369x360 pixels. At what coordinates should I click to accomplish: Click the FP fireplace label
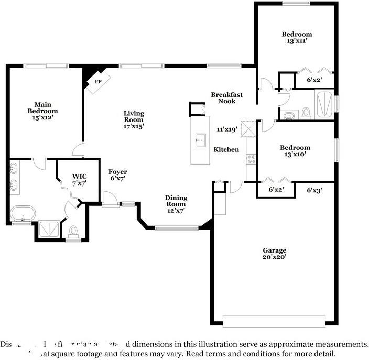coord(98,82)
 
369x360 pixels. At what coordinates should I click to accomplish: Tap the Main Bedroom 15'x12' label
coord(42,112)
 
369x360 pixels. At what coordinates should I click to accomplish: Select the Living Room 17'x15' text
coord(134,119)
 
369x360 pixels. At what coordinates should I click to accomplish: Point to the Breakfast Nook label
coord(226,98)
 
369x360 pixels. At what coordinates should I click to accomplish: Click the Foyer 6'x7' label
coord(117,176)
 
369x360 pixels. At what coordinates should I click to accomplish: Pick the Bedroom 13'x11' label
coord(296,38)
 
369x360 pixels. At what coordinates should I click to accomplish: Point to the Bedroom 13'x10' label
coord(295,151)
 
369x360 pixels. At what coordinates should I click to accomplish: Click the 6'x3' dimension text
coord(314,190)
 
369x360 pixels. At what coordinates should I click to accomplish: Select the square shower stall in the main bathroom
coord(48,230)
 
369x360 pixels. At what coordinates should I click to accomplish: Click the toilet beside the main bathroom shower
coord(73,231)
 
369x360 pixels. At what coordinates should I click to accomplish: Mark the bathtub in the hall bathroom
coord(325,103)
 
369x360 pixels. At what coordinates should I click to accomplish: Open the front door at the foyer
coord(110,200)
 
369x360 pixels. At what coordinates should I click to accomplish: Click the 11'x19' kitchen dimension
coord(227,129)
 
